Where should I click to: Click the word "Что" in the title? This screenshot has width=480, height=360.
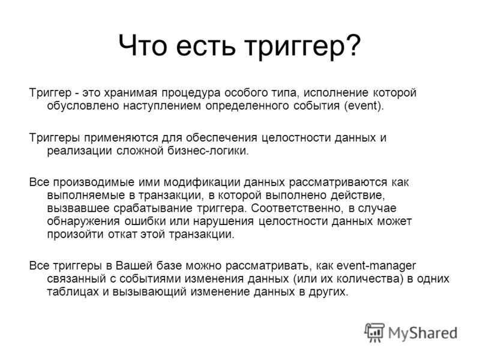tap(143, 45)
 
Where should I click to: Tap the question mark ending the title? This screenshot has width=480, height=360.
tap(354, 44)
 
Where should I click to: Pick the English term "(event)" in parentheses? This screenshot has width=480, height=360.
tap(364, 106)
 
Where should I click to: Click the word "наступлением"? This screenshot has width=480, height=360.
tap(162, 106)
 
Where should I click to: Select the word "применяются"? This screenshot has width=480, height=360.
tap(121, 138)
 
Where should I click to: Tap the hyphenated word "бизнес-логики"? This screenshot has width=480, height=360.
tap(208, 151)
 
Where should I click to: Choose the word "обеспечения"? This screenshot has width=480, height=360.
tap(222, 138)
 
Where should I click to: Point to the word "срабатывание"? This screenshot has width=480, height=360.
tap(153, 208)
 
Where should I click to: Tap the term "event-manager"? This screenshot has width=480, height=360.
tap(376, 266)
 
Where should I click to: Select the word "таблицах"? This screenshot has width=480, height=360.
tap(73, 292)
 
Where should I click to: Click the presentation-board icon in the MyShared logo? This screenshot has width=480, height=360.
tap(374, 332)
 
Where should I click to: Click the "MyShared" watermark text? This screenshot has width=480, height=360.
tap(423, 333)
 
